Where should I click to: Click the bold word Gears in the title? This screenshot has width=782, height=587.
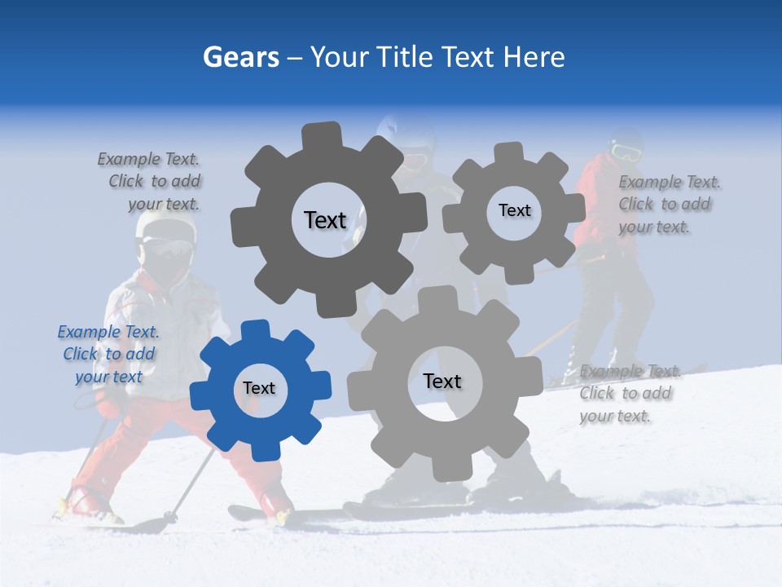click(x=241, y=57)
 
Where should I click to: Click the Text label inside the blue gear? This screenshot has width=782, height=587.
click(x=259, y=389)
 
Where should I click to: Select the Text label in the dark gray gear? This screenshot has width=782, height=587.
click(x=325, y=220)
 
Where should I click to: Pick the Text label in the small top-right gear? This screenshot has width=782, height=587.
click(x=514, y=210)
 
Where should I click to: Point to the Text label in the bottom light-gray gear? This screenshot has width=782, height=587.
click(x=442, y=382)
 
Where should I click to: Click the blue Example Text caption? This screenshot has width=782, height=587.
click(x=108, y=354)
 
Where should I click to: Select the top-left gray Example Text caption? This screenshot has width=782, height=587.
click(x=149, y=181)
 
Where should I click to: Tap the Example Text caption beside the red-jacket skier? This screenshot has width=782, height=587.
click(x=669, y=204)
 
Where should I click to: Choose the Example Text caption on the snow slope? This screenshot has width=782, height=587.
click(x=629, y=393)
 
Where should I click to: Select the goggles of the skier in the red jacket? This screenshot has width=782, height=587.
click(x=626, y=152)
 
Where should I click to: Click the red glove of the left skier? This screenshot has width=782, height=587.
click(x=108, y=405)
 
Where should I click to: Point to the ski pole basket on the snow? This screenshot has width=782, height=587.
click(x=170, y=517)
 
